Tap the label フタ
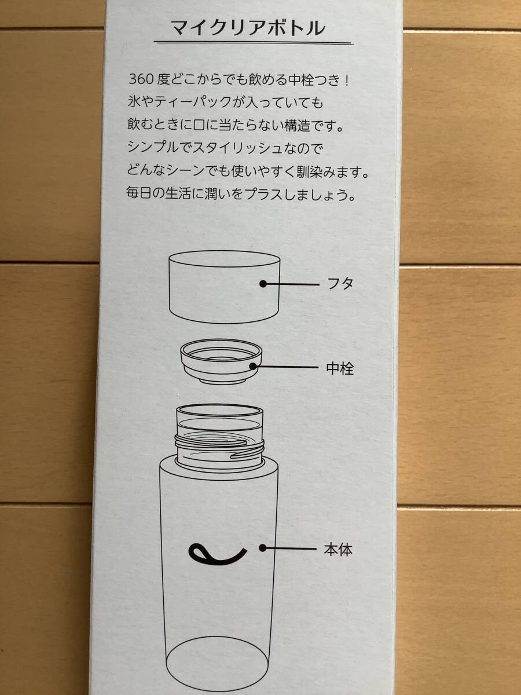pyautogui.click(x=340, y=284)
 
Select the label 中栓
pyautogui.click(x=340, y=368)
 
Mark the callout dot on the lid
pyautogui.click(x=263, y=284)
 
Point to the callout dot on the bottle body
pyautogui.click(x=263, y=548)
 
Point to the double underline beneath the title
pyautogui.click(x=253, y=43)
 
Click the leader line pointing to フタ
pyautogui.click(x=292, y=284)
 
